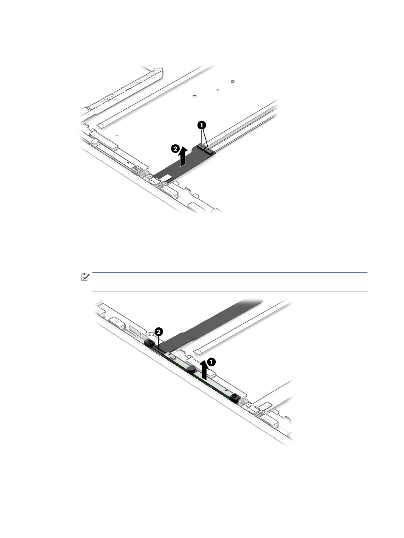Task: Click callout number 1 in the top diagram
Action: tap(202, 125)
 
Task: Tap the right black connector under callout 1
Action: tap(208, 150)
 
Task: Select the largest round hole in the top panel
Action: tap(232, 82)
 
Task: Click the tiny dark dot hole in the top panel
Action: tap(217, 90)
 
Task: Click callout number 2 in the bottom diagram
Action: tap(158, 331)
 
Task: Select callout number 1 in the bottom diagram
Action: tap(211, 362)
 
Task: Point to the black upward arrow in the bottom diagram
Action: tap(204, 371)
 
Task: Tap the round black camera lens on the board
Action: tap(192, 368)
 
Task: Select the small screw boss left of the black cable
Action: tap(135, 168)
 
